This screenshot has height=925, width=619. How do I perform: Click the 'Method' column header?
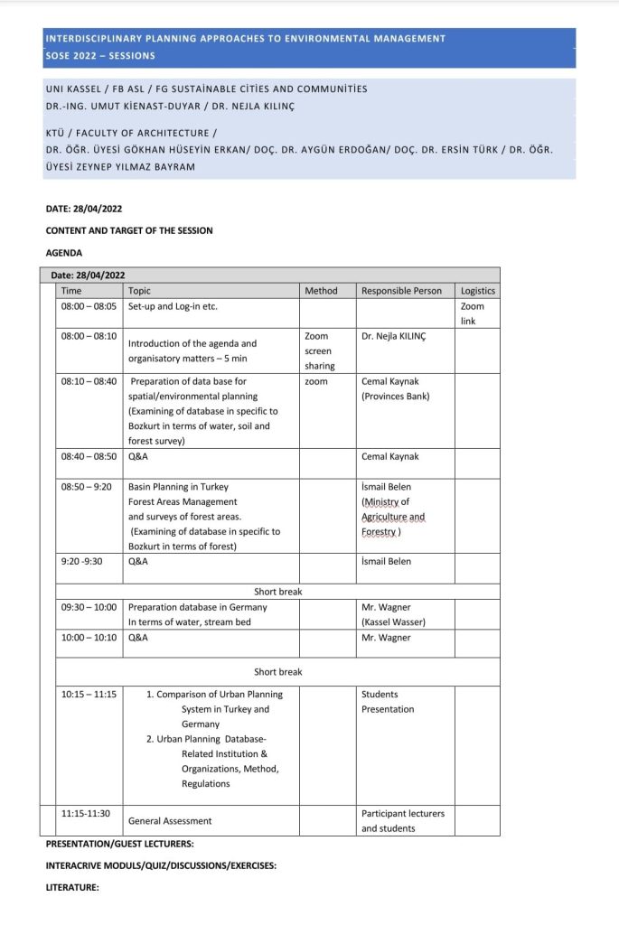tap(321, 291)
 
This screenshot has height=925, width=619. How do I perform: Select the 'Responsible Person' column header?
tap(401, 291)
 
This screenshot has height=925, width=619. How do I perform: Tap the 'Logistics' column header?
tap(477, 291)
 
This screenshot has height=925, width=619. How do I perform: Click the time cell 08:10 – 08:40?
tap(89, 381)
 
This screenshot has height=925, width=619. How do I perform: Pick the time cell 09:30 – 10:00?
tap(89, 607)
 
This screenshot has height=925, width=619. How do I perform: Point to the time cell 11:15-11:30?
tap(86, 813)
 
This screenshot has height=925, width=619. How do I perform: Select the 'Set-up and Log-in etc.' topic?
tap(173, 306)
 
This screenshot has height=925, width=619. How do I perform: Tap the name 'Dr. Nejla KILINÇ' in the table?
tap(392, 336)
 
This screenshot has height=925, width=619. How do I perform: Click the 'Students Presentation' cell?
tap(388, 702)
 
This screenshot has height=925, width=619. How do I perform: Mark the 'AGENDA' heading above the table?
tap(63, 253)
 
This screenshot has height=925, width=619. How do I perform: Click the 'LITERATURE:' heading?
tap(72, 888)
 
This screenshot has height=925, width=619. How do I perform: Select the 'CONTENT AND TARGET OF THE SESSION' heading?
tap(129, 230)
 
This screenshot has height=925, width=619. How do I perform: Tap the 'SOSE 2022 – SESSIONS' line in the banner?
tap(100, 56)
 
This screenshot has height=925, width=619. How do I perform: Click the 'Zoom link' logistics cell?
tap(473, 313)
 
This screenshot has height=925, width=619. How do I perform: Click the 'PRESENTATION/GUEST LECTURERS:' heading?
tap(120, 844)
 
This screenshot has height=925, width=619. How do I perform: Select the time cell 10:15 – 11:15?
tap(89, 694)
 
